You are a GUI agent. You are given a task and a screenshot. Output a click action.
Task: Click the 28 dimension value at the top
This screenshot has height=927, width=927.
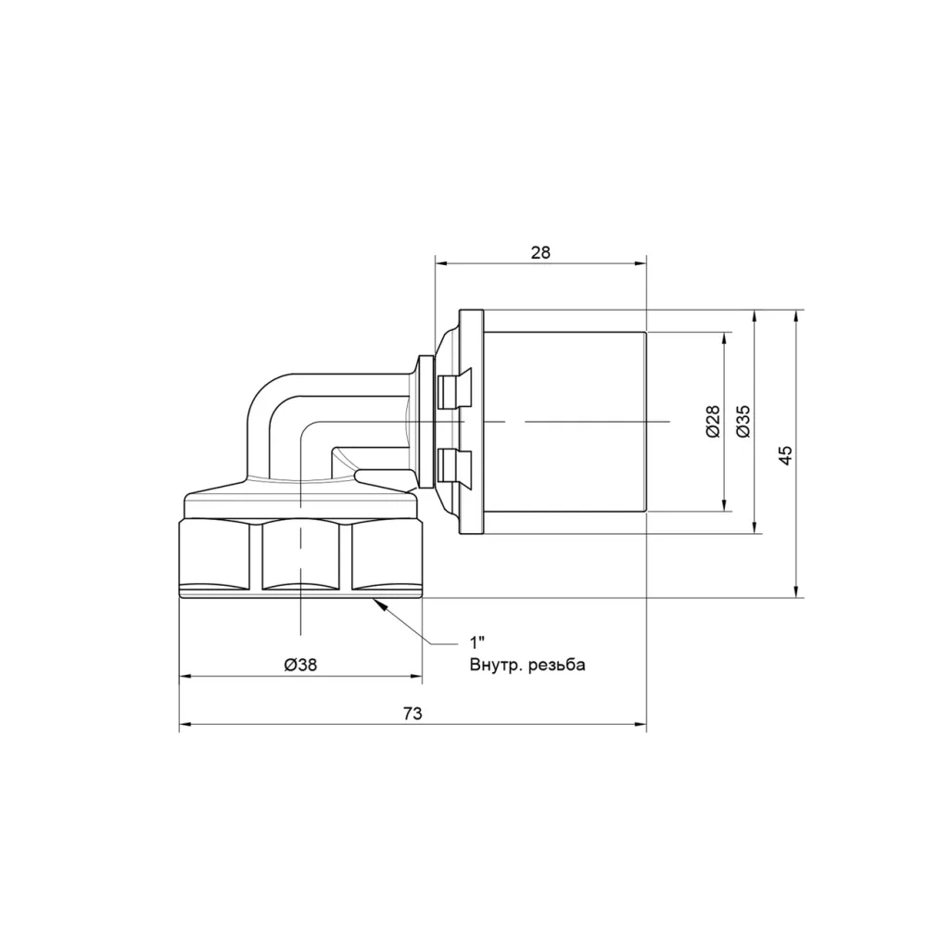pyautogui.click(x=540, y=252)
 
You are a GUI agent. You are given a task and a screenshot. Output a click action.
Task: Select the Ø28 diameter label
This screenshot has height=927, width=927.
pyautogui.click(x=713, y=421)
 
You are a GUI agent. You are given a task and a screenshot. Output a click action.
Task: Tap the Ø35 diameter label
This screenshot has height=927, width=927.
pyautogui.click(x=743, y=421)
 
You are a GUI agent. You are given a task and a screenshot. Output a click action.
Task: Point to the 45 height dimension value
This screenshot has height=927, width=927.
pyautogui.click(x=785, y=454)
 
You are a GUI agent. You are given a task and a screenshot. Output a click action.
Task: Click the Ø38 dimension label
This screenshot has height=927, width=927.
pyautogui.click(x=300, y=665)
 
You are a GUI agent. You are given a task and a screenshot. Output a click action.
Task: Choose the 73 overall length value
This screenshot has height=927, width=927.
pyautogui.click(x=413, y=714)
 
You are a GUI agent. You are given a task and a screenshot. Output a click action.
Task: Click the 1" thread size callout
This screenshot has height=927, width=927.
pyautogui.click(x=477, y=642)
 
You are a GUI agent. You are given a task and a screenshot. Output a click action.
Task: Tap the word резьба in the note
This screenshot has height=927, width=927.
pyautogui.click(x=557, y=666)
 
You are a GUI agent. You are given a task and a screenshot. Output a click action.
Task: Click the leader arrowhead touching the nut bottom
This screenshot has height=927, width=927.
pyautogui.click(x=379, y=604)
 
